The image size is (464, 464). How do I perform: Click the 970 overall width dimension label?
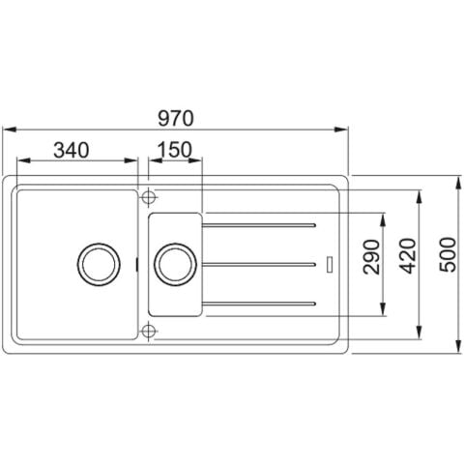[x=176, y=118]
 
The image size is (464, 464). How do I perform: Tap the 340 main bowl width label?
[x=71, y=150]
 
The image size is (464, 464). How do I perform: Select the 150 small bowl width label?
[x=174, y=150]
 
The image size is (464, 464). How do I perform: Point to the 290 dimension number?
[x=371, y=257]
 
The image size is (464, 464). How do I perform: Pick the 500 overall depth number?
[x=449, y=254]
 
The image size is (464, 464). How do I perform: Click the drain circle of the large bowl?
[x=99, y=264]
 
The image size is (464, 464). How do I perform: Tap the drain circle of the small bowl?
[x=175, y=265]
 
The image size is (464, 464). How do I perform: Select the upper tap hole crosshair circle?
[x=148, y=196]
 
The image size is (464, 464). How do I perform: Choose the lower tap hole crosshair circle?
[x=148, y=331]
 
